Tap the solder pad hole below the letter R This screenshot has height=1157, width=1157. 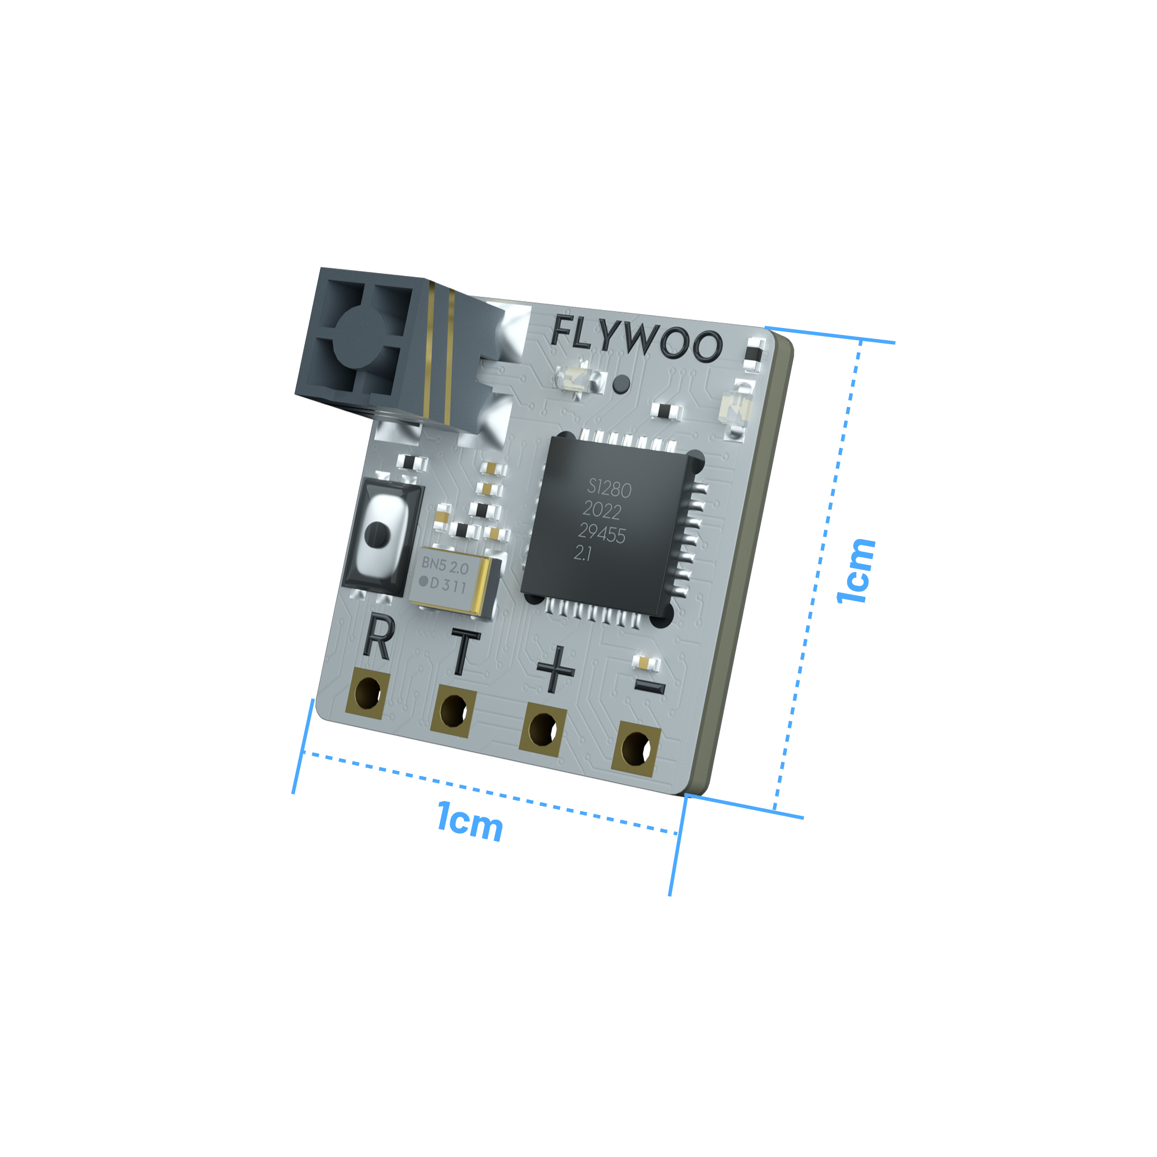point(367,694)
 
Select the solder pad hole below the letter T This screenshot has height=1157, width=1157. point(453,711)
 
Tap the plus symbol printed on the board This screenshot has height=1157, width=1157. point(555,670)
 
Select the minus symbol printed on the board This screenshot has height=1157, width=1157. point(649,687)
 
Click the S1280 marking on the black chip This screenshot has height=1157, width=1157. point(609,489)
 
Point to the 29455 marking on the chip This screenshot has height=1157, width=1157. point(602,533)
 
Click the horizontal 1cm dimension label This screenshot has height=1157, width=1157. point(470,821)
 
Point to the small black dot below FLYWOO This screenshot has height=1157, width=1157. point(621,384)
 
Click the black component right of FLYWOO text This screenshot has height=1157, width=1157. point(754,352)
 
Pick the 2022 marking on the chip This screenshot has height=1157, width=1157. point(602,511)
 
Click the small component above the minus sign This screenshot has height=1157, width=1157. point(646,663)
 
